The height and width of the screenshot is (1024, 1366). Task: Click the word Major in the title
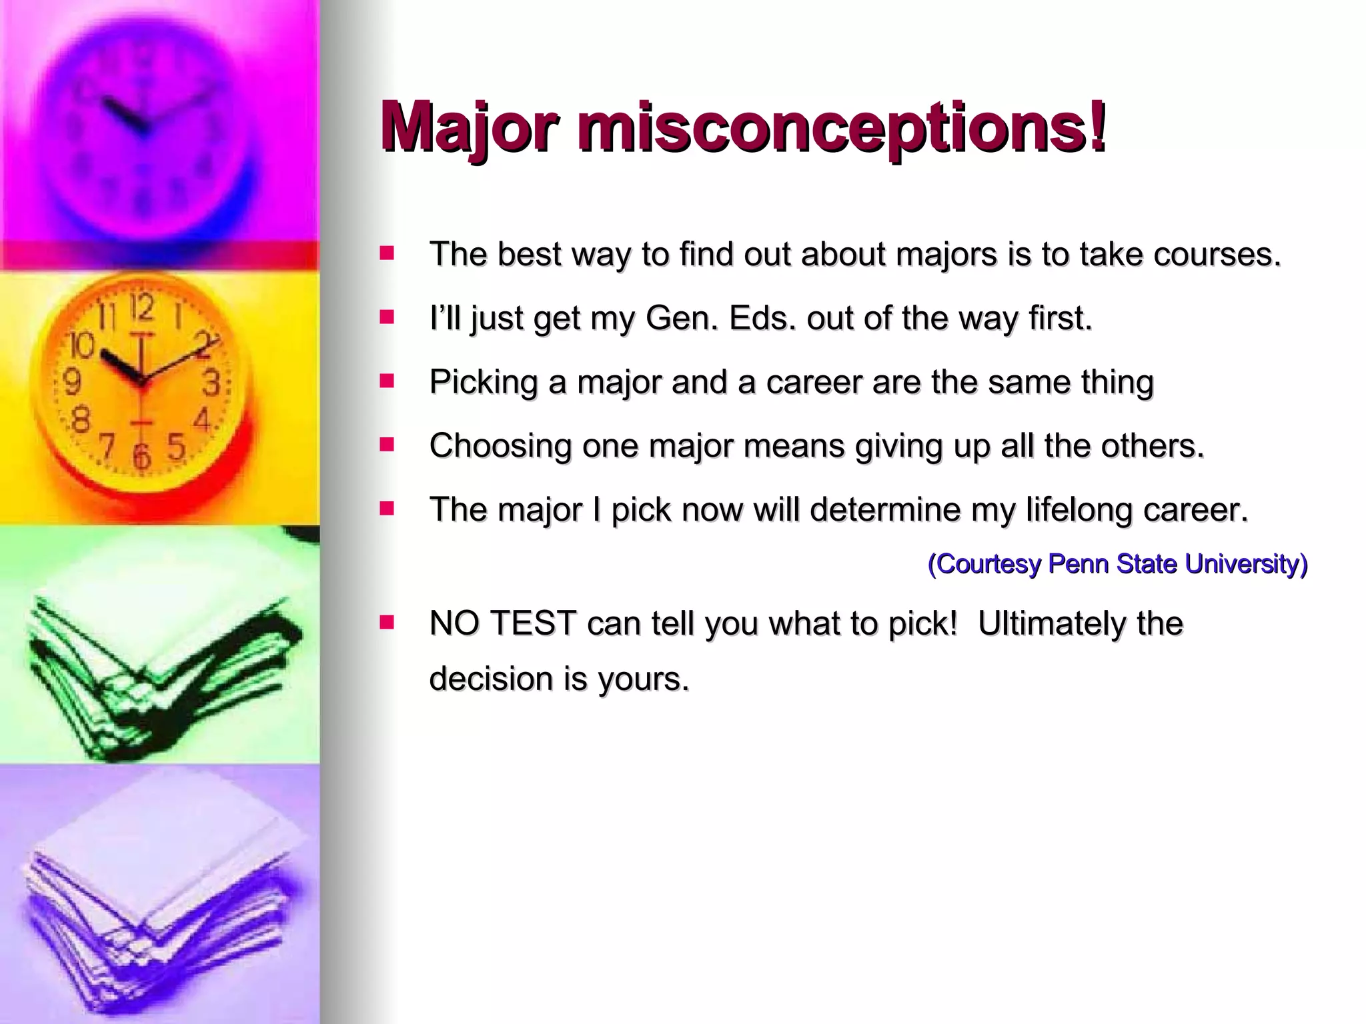tap(470, 127)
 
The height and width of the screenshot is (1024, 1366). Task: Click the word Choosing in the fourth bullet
tap(500, 447)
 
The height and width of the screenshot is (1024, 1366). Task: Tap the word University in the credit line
tap(1246, 565)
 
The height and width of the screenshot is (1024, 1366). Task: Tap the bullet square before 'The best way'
tap(387, 254)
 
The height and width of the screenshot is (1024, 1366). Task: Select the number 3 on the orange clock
tap(211, 383)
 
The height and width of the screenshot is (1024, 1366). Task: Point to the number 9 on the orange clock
tap(71, 381)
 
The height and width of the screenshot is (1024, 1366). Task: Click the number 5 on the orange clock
tap(176, 446)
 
